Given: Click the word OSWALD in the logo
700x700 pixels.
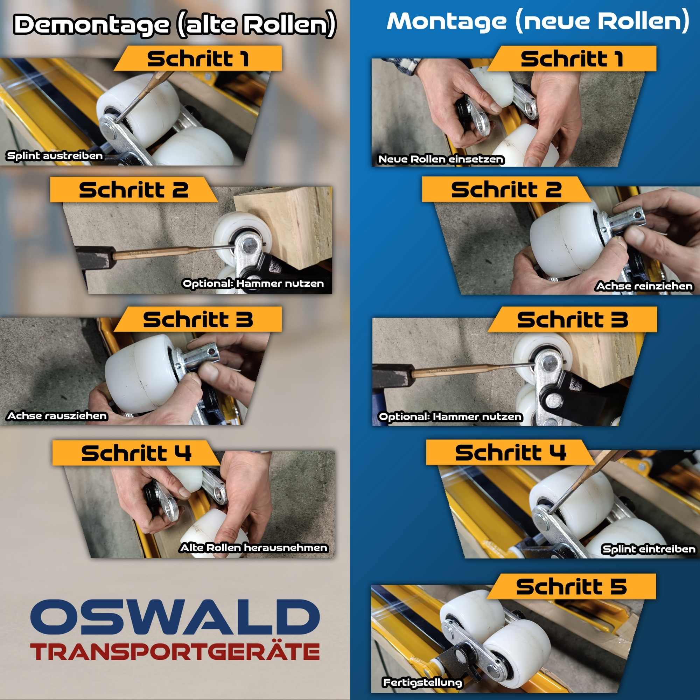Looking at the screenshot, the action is [175, 617].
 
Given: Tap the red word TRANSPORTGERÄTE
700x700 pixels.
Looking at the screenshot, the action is [175, 652].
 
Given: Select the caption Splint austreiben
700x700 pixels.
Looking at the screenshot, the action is [55, 156].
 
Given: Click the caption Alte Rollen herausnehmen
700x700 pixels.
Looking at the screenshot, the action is [254, 547].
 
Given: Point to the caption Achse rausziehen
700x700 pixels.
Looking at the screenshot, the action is [57, 415].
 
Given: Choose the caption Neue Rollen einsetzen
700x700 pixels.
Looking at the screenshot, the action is [441, 159].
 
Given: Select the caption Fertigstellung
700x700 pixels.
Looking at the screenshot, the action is [422, 683].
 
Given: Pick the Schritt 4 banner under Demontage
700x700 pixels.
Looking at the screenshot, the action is [136, 453].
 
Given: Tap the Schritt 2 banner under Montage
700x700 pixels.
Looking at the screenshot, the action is [506, 189].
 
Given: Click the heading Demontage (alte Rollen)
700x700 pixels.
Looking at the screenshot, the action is [175, 24].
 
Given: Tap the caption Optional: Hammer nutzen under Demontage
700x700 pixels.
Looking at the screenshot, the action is [253, 283].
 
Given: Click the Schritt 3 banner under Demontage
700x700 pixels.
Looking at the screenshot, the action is [198, 319].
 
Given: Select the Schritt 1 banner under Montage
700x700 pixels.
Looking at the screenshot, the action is [572, 58].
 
